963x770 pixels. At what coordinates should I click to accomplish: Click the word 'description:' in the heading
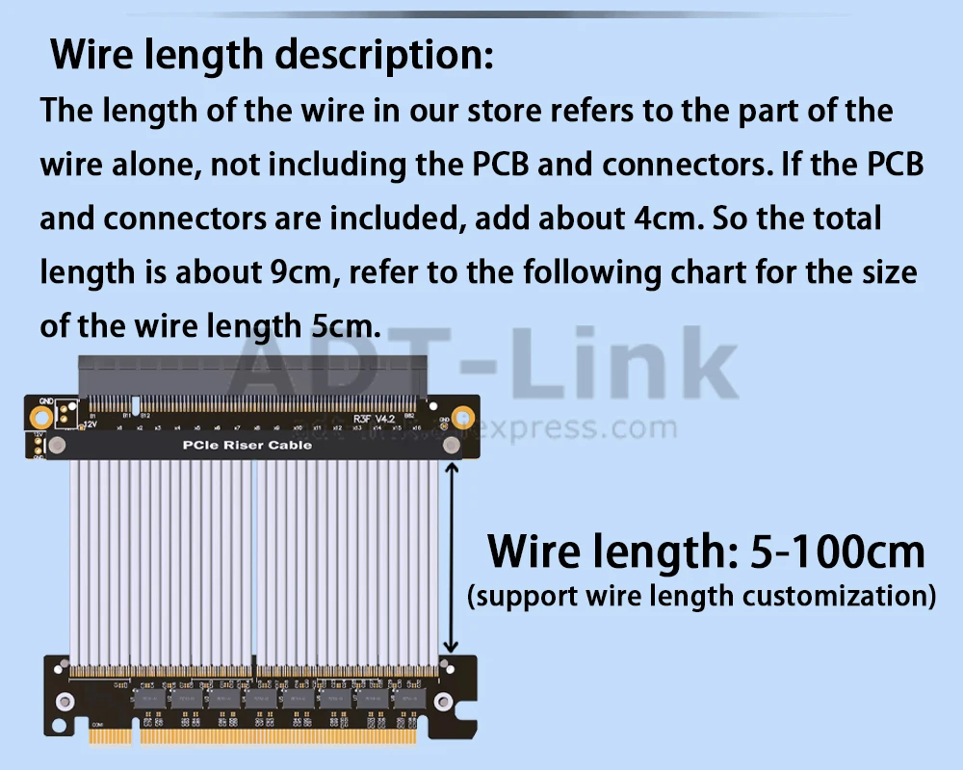[x=383, y=54]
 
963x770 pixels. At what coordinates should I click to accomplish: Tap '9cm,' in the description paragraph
[x=300, y=273]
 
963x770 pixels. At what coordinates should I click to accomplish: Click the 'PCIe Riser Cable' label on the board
[x=247, y=445]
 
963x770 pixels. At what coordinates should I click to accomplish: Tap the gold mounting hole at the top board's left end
[x=41, y=418]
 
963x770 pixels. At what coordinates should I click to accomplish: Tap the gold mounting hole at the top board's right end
[x=464, y=418]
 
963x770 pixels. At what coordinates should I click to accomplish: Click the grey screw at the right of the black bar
[x=450, y=445]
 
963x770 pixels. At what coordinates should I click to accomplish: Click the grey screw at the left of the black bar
[x=57, y=445]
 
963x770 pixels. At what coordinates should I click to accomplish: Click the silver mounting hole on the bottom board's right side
[x=442, y=702]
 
